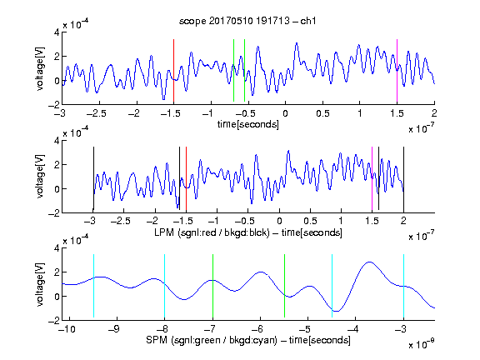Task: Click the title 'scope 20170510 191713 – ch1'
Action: [x=247, y=21]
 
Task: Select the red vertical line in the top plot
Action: [x=173, y=70]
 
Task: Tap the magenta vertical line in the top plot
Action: [x=397, y=70]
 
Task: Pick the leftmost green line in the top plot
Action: [x=233, y=70]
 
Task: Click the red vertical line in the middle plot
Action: [x=186, y=179]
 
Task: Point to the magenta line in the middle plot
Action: [x=372, y=179]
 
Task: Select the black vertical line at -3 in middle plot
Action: [x=93, y=179]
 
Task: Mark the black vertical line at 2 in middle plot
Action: [x=403, y=179]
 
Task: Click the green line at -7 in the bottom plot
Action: [x=212, y=286]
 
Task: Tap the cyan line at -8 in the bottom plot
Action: [x=164, y=286]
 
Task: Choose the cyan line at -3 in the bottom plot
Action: [x=403, y=286]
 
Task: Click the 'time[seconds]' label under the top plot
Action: [x=248, y=124]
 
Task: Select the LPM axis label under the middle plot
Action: [x=248, y=232]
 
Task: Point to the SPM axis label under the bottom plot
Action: [x=248, y=340]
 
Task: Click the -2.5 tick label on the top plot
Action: [x=96, y=114]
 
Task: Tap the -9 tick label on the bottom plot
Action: [x=114, y=329]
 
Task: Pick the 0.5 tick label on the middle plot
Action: [x=310, y=221]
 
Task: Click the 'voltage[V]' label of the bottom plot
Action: [x=40, y=285]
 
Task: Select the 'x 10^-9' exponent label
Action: [x=422, y=344]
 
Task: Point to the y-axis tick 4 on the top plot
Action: [x=57, y=32]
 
